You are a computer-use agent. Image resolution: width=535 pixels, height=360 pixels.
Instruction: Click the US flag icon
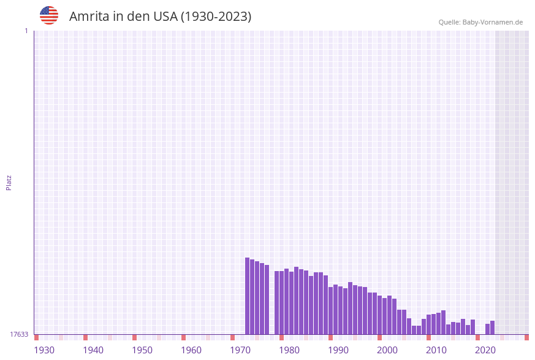click(x=49, y=15)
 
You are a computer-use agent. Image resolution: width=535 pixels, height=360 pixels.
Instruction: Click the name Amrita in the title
click(x=89, y=17)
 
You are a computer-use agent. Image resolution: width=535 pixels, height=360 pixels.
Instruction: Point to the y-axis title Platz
click(x=9, y=182)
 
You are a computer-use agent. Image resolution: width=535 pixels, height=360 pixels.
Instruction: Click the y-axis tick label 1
click(x=26, y=31)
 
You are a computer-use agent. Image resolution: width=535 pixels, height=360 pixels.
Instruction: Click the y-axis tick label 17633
click(x=19, y=334)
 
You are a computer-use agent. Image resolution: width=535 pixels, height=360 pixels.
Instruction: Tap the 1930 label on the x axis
click(x=44, y=350)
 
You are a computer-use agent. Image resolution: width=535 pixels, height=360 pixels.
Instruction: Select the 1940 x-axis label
click(x=93, y=350)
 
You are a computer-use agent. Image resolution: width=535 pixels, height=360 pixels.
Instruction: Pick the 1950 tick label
click(x=142, y=350)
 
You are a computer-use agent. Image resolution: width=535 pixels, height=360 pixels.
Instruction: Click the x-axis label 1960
click(x=191, y=350)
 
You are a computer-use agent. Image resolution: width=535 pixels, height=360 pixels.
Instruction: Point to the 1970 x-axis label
click(x=240, y=350)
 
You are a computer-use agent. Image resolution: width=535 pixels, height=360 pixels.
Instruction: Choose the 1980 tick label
click(x=289, y=350)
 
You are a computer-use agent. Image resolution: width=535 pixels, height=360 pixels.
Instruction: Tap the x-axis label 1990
click(x=338, y=350)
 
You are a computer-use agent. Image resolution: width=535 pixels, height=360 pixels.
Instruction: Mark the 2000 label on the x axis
click(x=387, y=350)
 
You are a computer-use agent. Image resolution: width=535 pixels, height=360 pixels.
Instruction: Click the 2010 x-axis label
click(x=436, y=350)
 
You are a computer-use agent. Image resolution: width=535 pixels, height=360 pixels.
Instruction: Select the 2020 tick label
click(x=485, y=350)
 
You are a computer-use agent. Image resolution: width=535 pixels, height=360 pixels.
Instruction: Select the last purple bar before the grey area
click(x=492, y=327)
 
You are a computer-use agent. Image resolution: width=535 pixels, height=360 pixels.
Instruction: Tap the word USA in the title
click(x=165, y=17)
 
